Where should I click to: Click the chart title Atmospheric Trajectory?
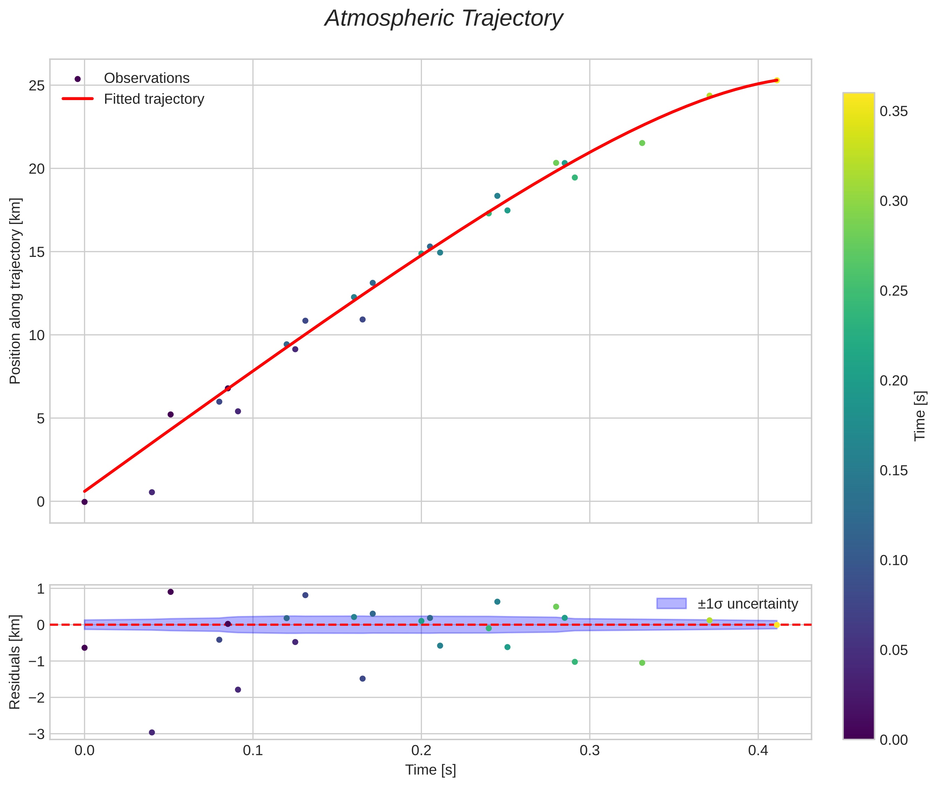[x=444, y=19]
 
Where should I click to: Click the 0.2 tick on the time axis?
[x=421, y=751]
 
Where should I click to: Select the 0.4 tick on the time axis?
[x=758, y=751]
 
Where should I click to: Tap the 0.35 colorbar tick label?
[x=893, y=111]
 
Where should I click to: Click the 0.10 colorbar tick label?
[x=893, y=560]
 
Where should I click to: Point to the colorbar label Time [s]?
[x=920, y=416]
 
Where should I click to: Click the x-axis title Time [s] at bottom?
[x=430, y=770]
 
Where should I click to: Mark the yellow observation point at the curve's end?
[x=776, y=80]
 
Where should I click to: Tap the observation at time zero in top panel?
[x=84, y=502]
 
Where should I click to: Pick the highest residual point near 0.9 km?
[x=170, y=592]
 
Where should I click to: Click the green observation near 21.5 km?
[x=642, y=143]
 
